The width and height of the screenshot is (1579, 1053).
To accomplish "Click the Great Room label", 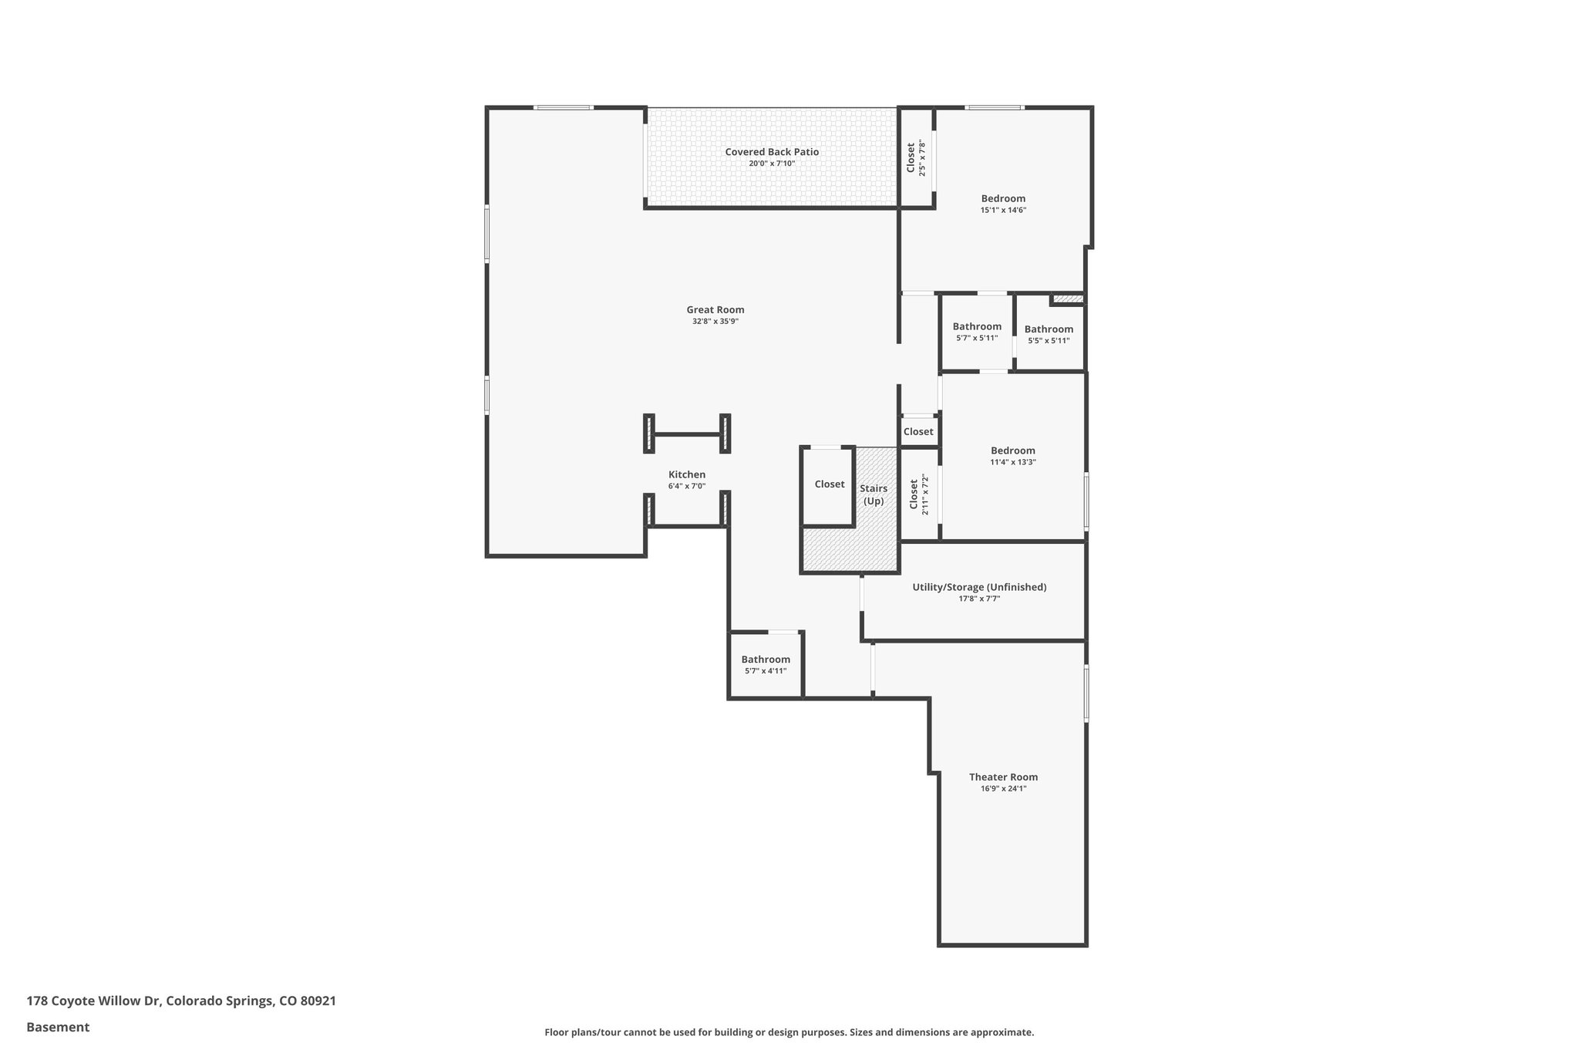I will pos(715,309).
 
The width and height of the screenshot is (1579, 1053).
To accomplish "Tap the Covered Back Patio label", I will pos(772,152).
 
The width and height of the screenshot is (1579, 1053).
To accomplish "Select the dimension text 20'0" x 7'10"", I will pos(772,164).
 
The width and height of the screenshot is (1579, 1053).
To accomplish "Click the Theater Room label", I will pos(1003,777).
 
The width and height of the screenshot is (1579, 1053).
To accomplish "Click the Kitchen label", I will pos(686,474).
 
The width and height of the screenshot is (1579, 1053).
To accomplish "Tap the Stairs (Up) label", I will pos(874,494).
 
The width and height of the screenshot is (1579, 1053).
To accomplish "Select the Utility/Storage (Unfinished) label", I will pos(979,587).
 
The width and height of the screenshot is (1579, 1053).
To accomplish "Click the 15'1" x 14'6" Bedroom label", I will pos(1003,198).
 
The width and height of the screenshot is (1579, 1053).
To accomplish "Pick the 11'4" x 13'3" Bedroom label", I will pos(1012,451).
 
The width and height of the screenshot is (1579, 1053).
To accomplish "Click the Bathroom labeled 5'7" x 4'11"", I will pos(766,659).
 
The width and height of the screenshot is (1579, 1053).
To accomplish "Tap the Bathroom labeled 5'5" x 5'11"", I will pos(1049,329).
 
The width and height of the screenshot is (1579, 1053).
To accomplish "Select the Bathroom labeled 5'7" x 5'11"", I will pos(977,326).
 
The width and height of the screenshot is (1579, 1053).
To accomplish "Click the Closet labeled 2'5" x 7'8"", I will pos(911,157).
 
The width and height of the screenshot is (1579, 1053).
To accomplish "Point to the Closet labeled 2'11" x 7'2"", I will pos(914,494).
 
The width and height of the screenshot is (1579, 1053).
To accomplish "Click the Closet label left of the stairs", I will pos(830,484).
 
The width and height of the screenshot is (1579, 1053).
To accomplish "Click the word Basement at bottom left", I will pos(58,1027).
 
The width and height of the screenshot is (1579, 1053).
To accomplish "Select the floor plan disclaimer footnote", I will pos(789,1032).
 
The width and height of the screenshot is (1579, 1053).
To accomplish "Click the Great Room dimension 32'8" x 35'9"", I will pos(715,322).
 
